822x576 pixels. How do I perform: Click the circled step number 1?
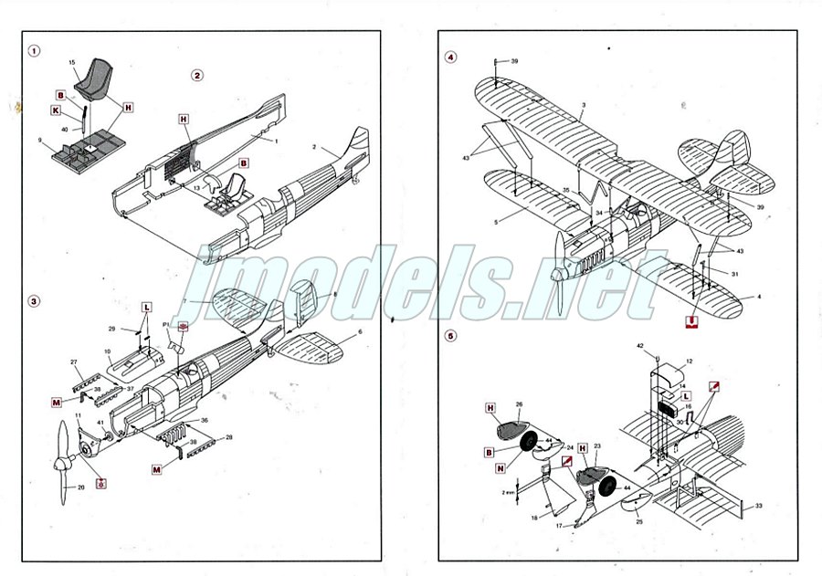(34, 51)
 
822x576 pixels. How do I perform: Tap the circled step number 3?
(34, 300)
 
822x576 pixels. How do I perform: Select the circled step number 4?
(450, 57)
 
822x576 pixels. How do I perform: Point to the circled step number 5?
(450, 335)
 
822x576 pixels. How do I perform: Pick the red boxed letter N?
(501, 467)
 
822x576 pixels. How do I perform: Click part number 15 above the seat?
(72, 62)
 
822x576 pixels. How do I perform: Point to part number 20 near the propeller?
(80, 487)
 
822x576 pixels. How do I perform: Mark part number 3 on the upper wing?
(583, 106)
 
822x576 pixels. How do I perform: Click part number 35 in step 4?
(565, 192)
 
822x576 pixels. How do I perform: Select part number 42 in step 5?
(641, 346)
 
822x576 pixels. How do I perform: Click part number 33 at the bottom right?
(758, 505)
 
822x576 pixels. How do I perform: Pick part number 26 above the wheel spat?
(519, 404)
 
